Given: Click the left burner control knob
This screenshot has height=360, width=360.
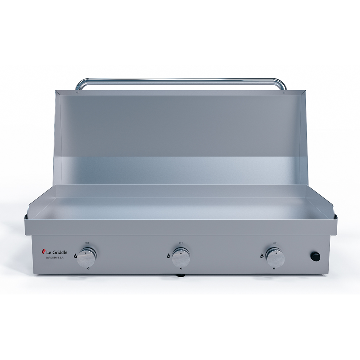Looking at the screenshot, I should click(86, 256).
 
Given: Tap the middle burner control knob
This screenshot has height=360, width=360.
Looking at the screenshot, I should click(181, 256).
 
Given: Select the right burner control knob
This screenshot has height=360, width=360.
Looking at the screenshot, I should click(275, 256).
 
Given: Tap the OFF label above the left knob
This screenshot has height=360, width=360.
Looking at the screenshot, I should click(86, 243).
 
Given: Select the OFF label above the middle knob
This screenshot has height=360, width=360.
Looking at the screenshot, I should click(181, 243).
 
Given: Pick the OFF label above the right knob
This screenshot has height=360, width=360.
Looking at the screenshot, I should click(275, 243).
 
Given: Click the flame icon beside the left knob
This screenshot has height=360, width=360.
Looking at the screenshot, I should click(75, 256).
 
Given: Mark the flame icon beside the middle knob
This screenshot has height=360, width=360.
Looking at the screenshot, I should click(168, 256).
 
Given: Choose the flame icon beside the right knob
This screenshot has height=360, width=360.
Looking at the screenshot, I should click(262, 256).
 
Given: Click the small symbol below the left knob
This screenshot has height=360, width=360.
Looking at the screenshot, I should click(87, 269).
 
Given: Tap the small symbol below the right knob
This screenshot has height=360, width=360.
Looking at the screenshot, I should click(275, 269).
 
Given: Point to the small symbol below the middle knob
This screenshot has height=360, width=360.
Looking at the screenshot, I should click(181, 269).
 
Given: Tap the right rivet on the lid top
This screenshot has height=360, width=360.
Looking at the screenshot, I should click(284, 93).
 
